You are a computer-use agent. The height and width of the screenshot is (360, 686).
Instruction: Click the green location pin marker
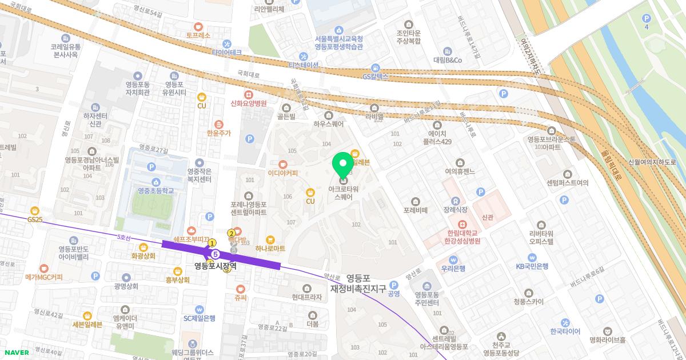343,165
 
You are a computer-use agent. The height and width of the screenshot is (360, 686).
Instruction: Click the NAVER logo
15,353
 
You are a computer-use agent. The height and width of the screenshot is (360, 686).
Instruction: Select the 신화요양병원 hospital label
248,103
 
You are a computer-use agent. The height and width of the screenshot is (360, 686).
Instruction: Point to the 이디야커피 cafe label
282,173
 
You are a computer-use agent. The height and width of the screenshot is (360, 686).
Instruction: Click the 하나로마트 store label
271,249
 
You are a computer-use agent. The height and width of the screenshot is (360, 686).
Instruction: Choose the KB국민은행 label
532,266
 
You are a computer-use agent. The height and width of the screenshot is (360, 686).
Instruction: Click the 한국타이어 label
565,331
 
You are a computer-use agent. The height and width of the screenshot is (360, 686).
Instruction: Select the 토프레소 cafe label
198,35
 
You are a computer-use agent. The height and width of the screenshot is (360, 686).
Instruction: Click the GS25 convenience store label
35,219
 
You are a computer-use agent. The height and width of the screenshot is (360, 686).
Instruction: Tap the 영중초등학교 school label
151,191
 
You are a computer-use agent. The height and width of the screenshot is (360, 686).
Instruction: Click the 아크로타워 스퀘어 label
343,193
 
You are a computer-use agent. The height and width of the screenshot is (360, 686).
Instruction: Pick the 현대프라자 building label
307,297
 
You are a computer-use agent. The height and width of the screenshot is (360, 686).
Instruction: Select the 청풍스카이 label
528,302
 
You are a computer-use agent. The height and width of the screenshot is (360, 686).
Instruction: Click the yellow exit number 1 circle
212,243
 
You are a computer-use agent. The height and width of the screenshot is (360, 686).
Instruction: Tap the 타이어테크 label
227,52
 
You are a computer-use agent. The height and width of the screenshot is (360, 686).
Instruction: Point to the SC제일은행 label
199,318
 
